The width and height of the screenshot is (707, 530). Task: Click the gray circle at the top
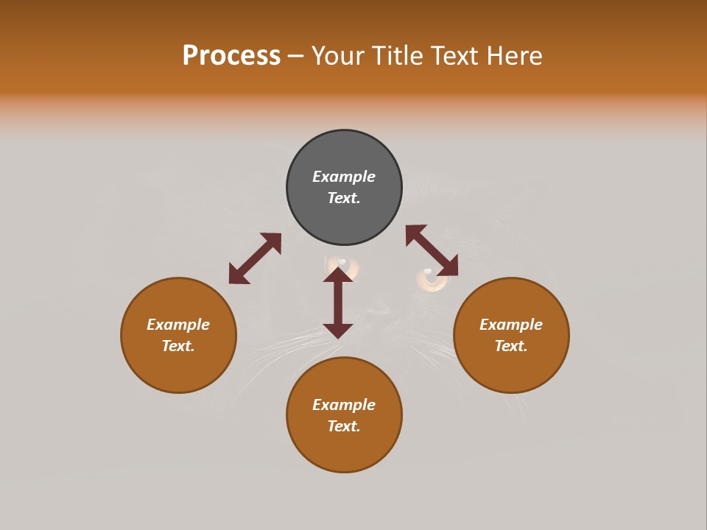click(x=344, y=188)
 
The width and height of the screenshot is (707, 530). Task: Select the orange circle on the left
click(x=178, y=335)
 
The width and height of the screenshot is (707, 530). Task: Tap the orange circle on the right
click(x=511, y=335)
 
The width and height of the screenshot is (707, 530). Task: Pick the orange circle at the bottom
click(x=344, y=415)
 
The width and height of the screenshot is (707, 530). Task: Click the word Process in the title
click(x=231, y=56)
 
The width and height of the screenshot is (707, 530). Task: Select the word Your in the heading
click(x=339, y=56)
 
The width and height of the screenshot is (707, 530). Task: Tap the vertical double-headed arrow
click(x=338, y=303)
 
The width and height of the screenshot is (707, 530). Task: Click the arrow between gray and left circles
click(x=255, y=258)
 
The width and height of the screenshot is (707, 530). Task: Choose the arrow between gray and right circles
click(x=432, y=250)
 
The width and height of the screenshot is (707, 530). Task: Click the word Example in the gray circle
click(x=344, y=177)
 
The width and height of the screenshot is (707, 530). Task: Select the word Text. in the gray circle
click(x=344, y=199)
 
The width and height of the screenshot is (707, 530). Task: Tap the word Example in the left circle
click(x=178, y=325)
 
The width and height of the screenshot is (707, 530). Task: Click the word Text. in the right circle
click(x=511, y=346)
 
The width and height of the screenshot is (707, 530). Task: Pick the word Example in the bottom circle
click(x=344, y=405)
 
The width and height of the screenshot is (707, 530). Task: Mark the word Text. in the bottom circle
click(x=344, y=426)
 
